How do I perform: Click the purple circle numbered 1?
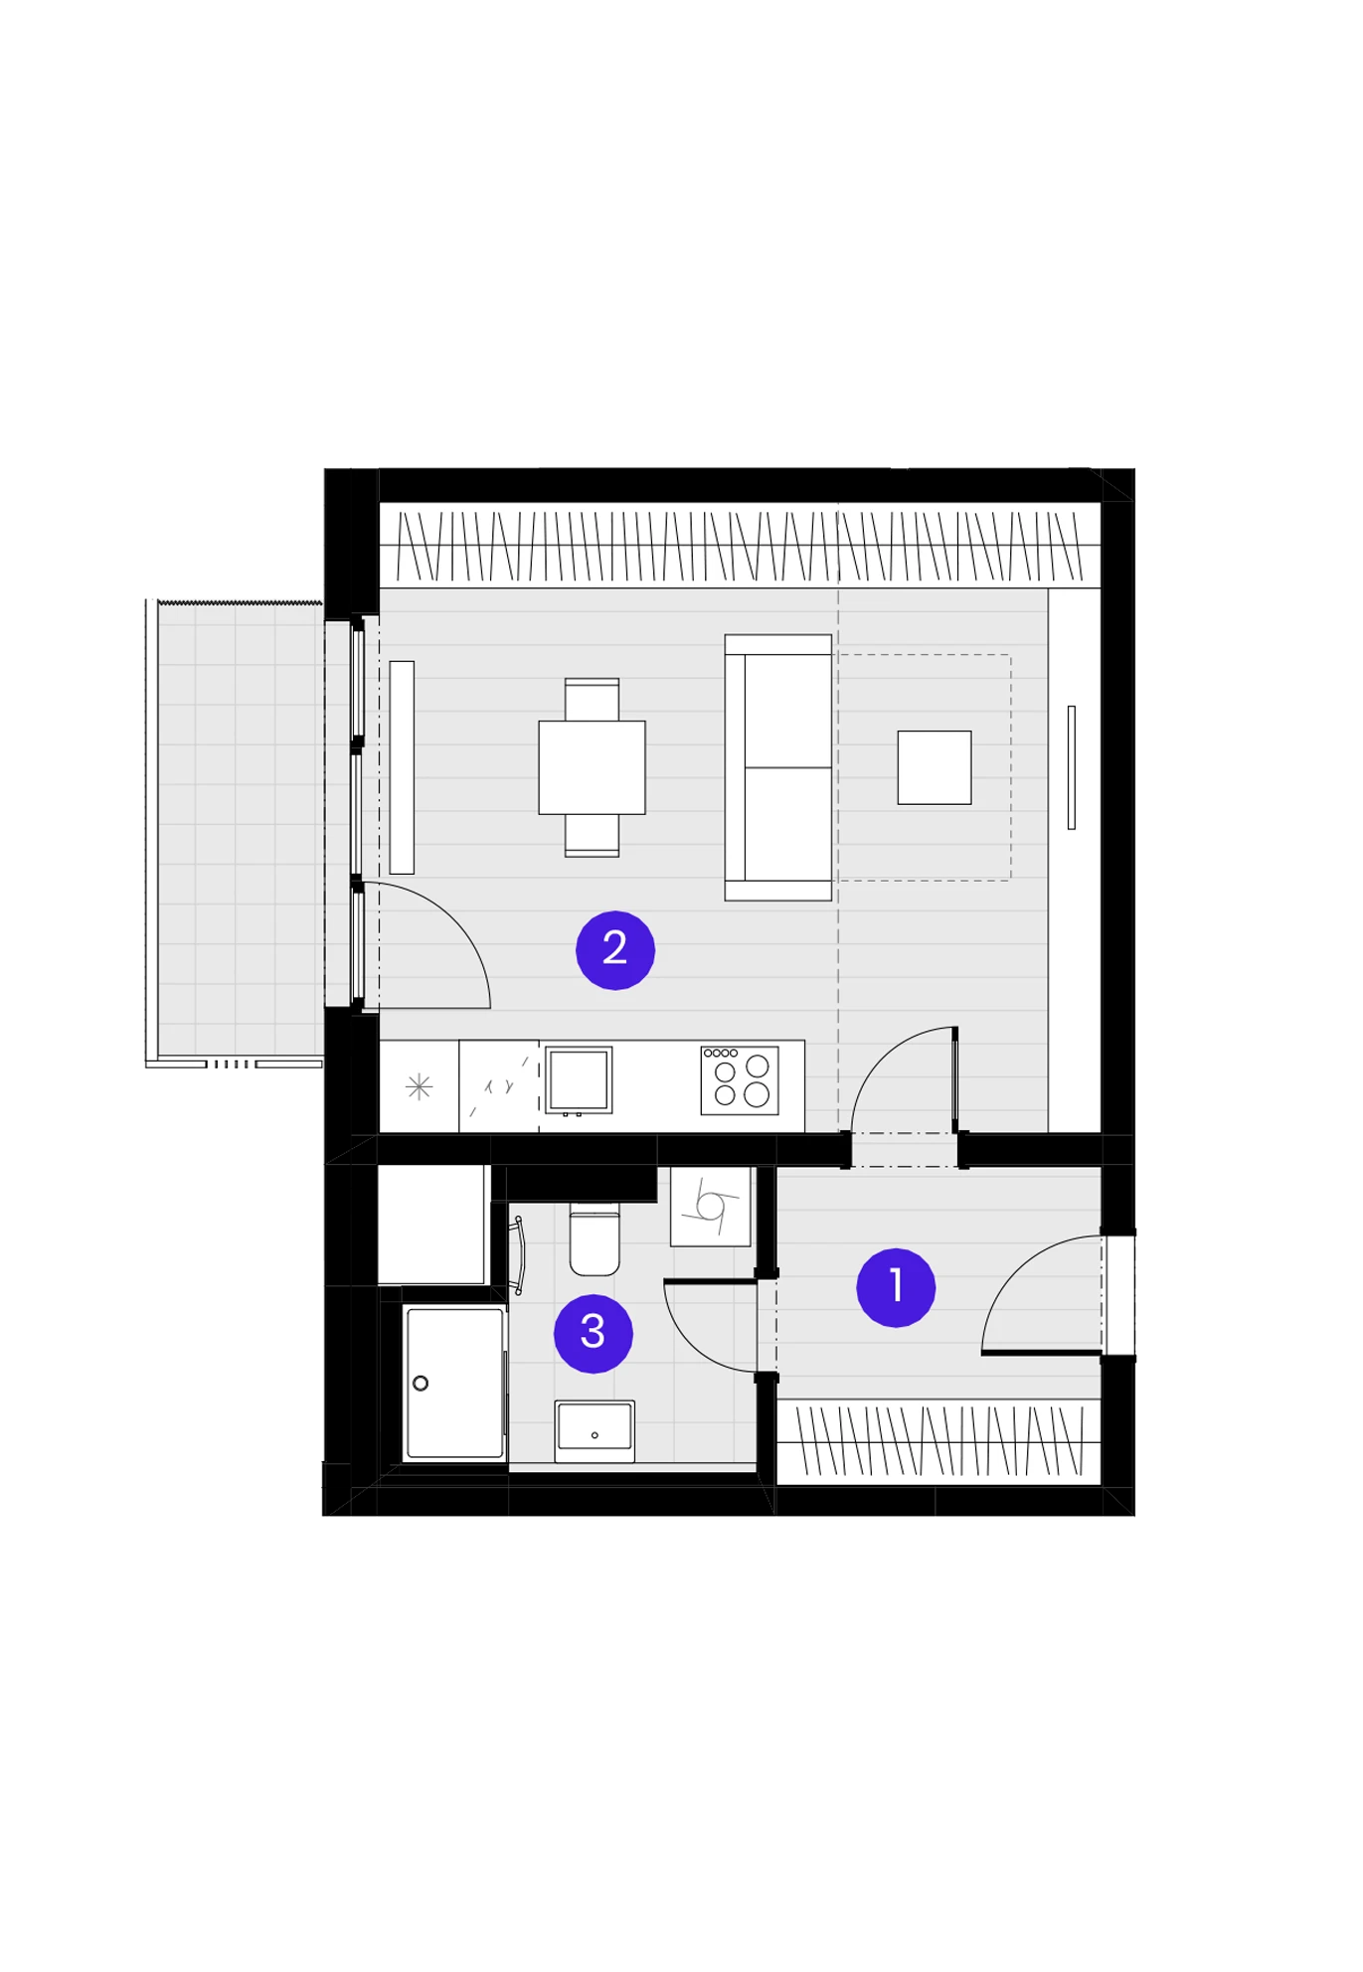[895, 1287]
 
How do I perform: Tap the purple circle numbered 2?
[615, 950]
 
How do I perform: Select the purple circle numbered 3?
[594, 1333]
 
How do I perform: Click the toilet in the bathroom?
[595, 1238]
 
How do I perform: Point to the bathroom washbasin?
[595, 1431]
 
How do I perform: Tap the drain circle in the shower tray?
[421, 1383]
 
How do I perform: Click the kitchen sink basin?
[579, 1079]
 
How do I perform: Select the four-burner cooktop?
[740, 1080]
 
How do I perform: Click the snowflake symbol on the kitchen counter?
[420, 1086]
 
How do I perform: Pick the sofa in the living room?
[777, 767]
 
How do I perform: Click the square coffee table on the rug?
[935, 767]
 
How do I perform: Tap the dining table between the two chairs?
[592, 767]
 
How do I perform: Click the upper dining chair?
[592, 699]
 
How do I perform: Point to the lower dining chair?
[592, 835]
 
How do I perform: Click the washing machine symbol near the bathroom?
[710, 1206]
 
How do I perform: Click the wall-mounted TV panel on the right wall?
[1071, 767]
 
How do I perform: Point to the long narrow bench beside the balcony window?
[402, 767]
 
